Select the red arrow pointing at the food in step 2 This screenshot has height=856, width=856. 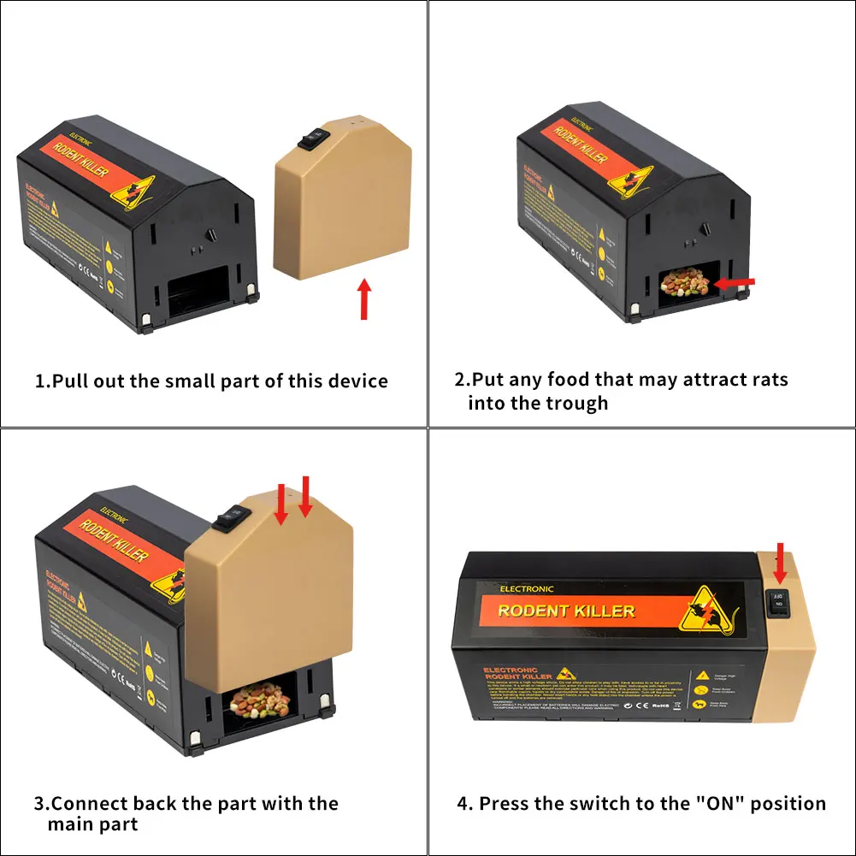click(735, 281)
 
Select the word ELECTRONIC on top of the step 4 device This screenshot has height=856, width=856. click(526, 589)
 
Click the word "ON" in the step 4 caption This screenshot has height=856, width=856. click(716, 804)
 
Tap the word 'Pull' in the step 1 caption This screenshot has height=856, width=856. click(72, 381)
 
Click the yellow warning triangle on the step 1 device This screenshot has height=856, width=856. click(132, 191)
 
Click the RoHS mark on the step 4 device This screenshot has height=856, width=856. click(660, 706)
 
